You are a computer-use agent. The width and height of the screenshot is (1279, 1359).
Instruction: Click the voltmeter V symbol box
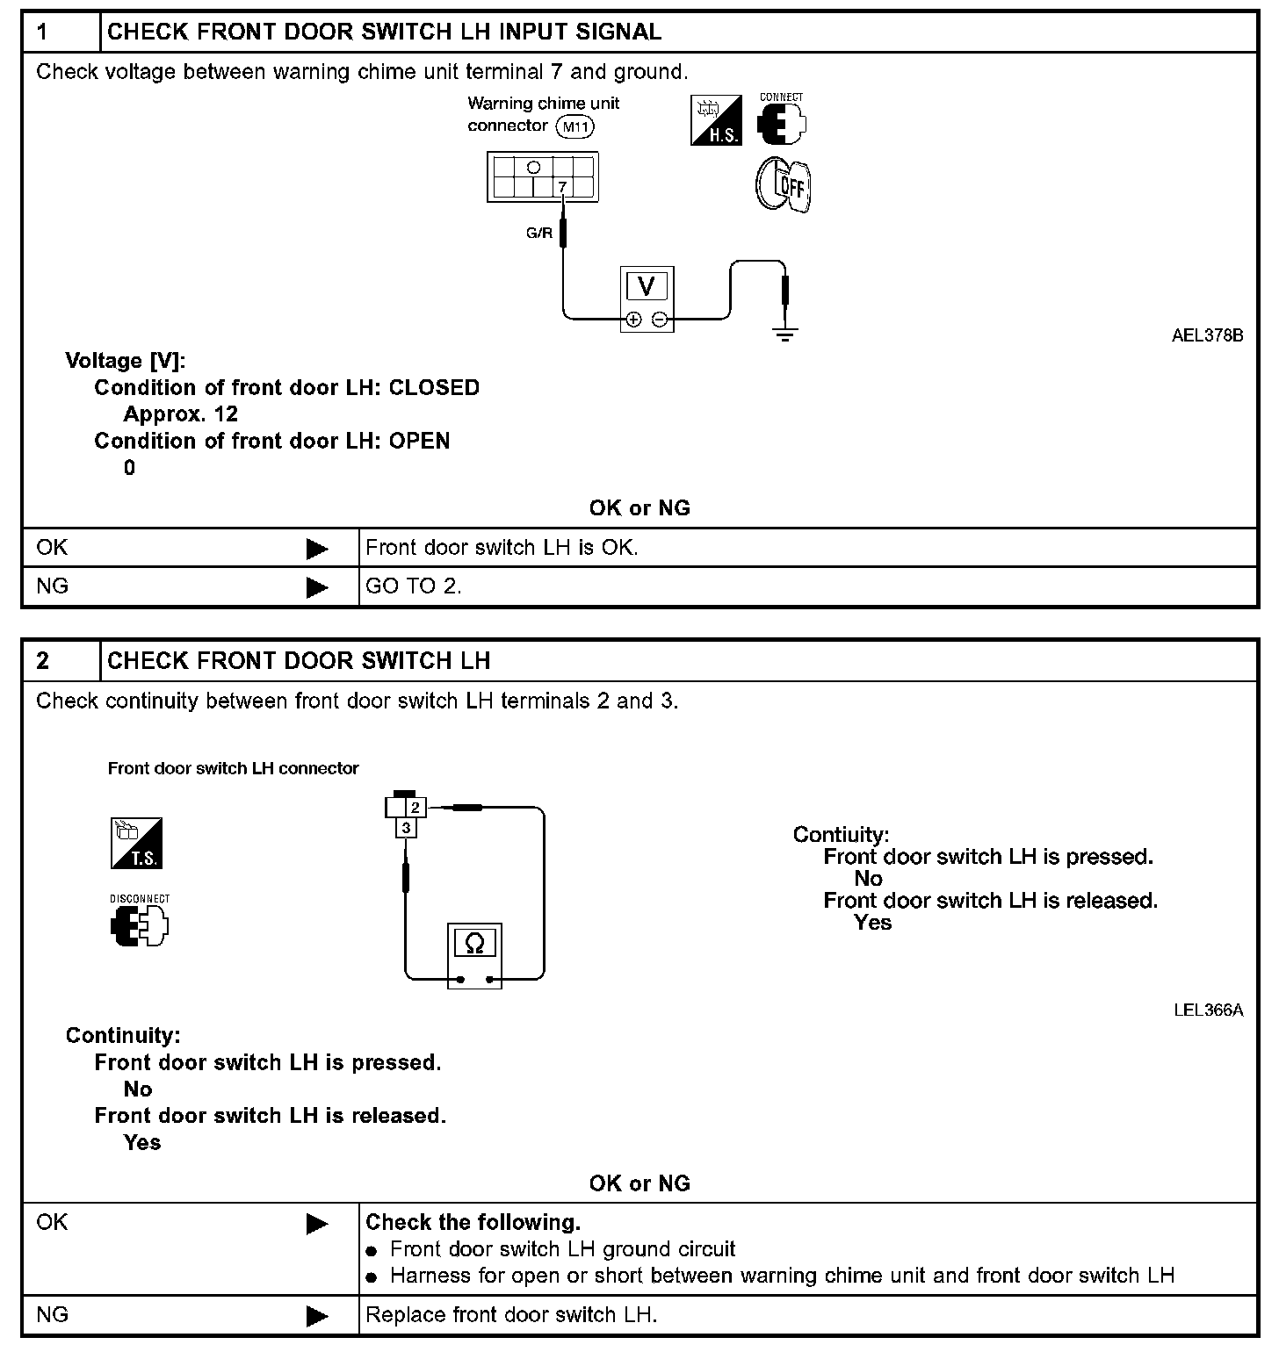pos(647,286)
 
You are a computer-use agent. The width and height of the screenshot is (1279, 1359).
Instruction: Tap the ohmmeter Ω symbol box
pos(474,944)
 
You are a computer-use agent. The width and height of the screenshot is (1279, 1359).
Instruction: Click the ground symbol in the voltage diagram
pos(785,332)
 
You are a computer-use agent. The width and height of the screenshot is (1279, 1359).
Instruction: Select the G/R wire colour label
pos(539,234)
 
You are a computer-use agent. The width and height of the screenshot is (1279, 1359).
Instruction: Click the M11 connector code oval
pos(576,127)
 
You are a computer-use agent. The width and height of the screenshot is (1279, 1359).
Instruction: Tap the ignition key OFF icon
pos(783,184)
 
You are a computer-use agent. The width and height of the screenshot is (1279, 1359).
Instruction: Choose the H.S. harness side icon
pos(716,121)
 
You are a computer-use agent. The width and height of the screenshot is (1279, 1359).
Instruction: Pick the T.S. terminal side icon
pos(136,844)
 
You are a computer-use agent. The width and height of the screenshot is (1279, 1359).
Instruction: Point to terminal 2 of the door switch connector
pos(416,807)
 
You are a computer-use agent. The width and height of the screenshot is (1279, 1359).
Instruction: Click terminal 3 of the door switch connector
pos(406,828)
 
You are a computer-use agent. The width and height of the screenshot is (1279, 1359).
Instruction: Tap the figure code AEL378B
pos(1207,335)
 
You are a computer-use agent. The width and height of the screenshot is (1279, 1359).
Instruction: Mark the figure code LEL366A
pos(1208,1010)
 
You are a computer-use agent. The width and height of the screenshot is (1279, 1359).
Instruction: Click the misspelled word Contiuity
pos(841,835)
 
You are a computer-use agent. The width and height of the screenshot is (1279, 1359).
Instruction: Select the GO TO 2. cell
pos(413,586)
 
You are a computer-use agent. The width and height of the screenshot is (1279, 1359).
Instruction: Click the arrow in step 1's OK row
pos(317,549)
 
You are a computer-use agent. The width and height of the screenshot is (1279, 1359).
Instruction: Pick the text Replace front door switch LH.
pos(511,1315)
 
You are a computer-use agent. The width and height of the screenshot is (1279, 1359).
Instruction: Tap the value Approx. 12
pos(181,414)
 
